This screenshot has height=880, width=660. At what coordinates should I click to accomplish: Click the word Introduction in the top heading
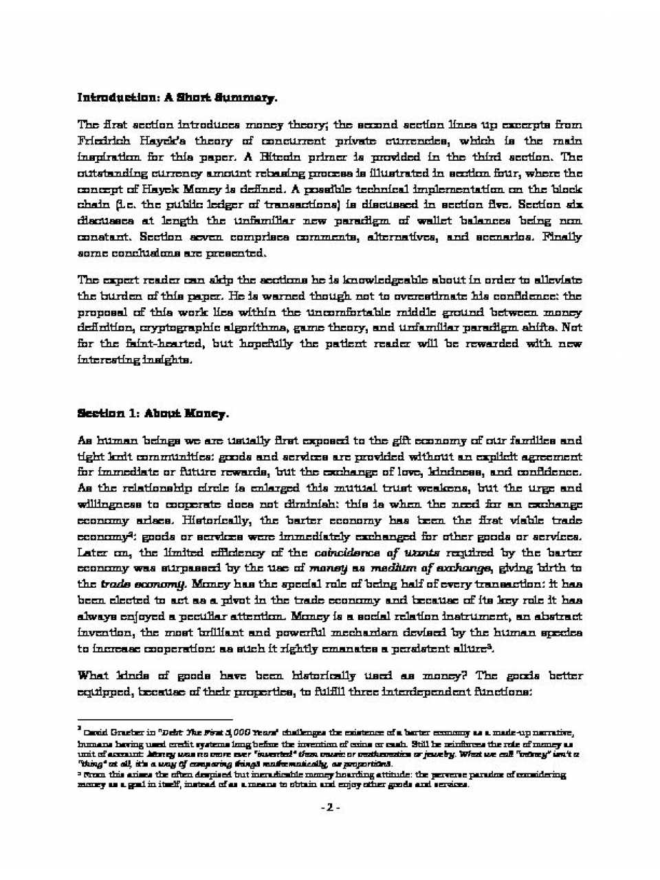pyautogui.click(x=118, y=98)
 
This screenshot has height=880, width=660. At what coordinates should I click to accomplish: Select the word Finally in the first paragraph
pyautogui.click(x=562, y=236)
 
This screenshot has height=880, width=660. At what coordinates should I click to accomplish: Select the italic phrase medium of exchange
pyautogui.click(x=430, y=569)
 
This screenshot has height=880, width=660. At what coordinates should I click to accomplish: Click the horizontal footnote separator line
pyautogui.click(x=137, y=719)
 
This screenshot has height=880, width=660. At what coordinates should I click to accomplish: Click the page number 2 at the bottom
pyautogui.click(x=330, y=807)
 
